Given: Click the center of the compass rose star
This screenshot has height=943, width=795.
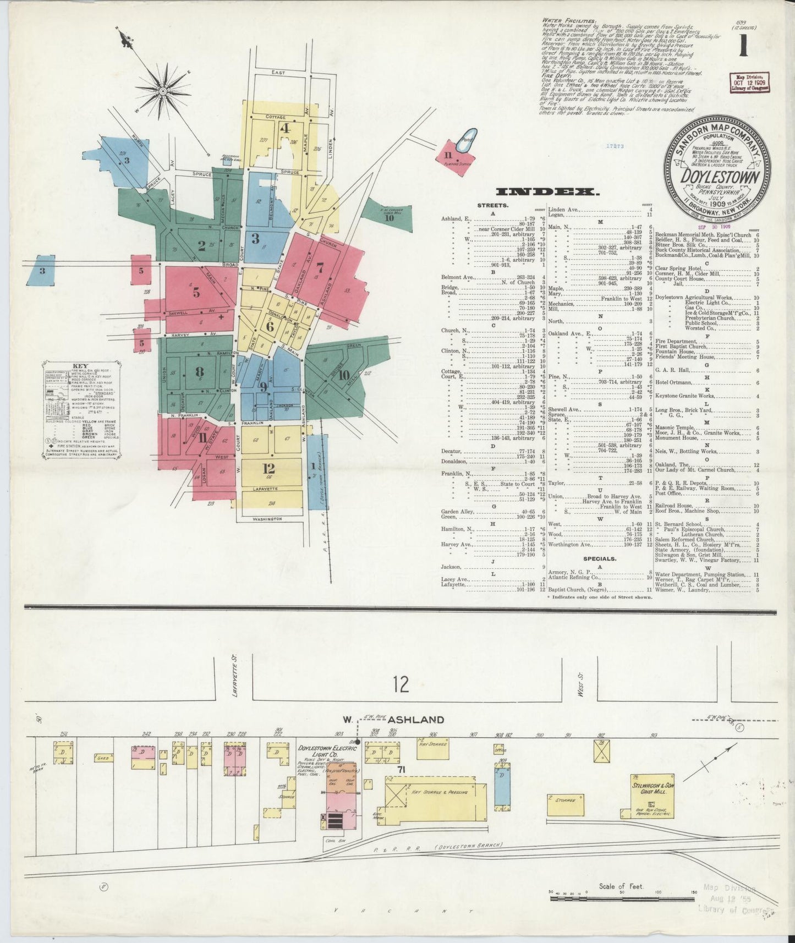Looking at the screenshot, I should click(x=163, y=90).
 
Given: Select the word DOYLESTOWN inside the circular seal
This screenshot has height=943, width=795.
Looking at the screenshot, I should click(x=721, y=177).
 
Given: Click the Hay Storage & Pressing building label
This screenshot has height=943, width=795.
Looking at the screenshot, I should click(x=438, y=792).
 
